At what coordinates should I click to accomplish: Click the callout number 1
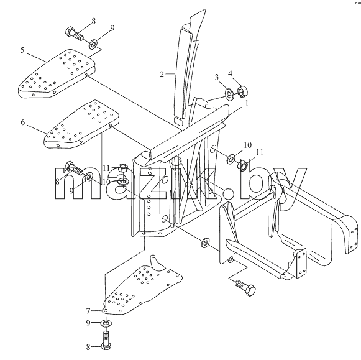click(x=246, y=104)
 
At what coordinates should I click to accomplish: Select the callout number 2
click(x=162, y=74)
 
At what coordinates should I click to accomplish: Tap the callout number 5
click(x=22, y=50)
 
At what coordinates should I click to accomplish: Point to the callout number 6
click(x=22, y=122)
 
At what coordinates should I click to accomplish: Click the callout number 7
click(x=88, y=311)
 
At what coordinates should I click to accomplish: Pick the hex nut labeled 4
click(x=242, y=91)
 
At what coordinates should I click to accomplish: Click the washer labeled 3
click(x=229, y=94)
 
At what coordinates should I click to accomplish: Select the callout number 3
click(x=216, y=77)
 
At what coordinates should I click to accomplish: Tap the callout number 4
click(x=230, y=73)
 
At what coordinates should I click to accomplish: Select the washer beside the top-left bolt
click(x=93, y=44)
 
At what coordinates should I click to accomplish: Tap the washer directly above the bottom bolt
click(x=106, y=323)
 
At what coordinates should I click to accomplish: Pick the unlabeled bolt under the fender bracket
click(x=245, y=287)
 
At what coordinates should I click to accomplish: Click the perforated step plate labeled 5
click(x=57, y=74)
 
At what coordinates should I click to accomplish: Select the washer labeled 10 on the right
click(x=231, y=159)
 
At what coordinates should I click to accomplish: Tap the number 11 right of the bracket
click(x=260, y=152)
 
